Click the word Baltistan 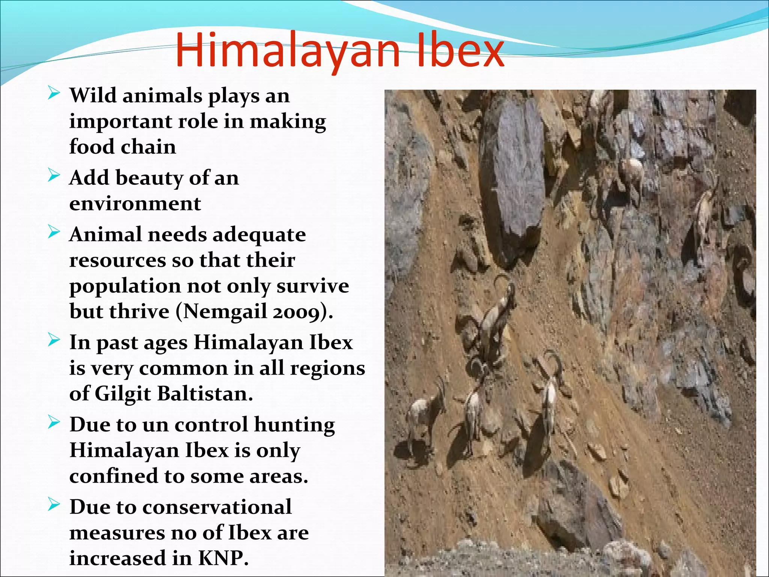click(x=205, y=394)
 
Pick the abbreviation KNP click(x=223, y=558)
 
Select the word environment click(x=135, y=204)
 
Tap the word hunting click(x=294, y=425)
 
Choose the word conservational click(x=217, y=507)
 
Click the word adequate click(x=259, y=235)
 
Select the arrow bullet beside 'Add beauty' click(x=54, y=176)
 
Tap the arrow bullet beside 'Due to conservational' click(x=54, y=505)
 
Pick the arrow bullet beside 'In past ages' click(x=54, y=340)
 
